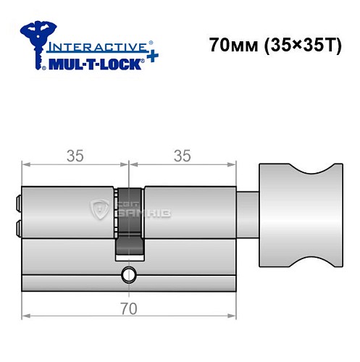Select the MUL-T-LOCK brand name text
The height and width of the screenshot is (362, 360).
point(94,62)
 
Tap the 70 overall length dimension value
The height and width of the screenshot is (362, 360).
point(128,309)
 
